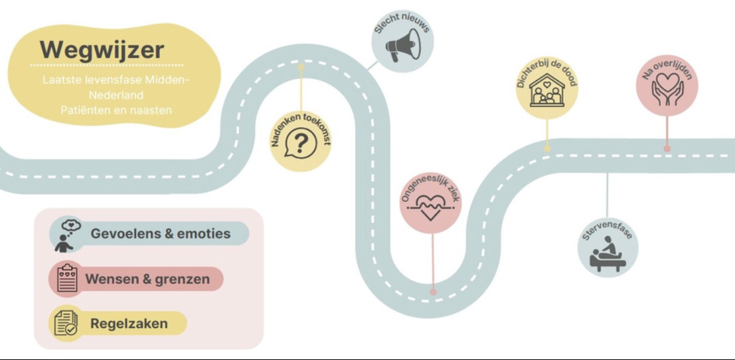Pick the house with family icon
coord(547,90)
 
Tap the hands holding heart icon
coord(667,88)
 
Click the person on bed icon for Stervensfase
coord(608,254)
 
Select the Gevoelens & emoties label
coord(160,233)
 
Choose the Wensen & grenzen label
coord(147,280)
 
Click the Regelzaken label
coord(129,323)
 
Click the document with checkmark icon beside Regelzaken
coord(66,323)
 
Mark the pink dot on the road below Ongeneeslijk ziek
coord(433,292)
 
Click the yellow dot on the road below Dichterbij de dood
coord(547,149)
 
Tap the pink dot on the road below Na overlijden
coord(667,149)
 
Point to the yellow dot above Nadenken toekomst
coord(301,67)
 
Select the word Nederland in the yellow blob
coord(116,95)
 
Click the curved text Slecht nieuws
coord(402,23)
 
